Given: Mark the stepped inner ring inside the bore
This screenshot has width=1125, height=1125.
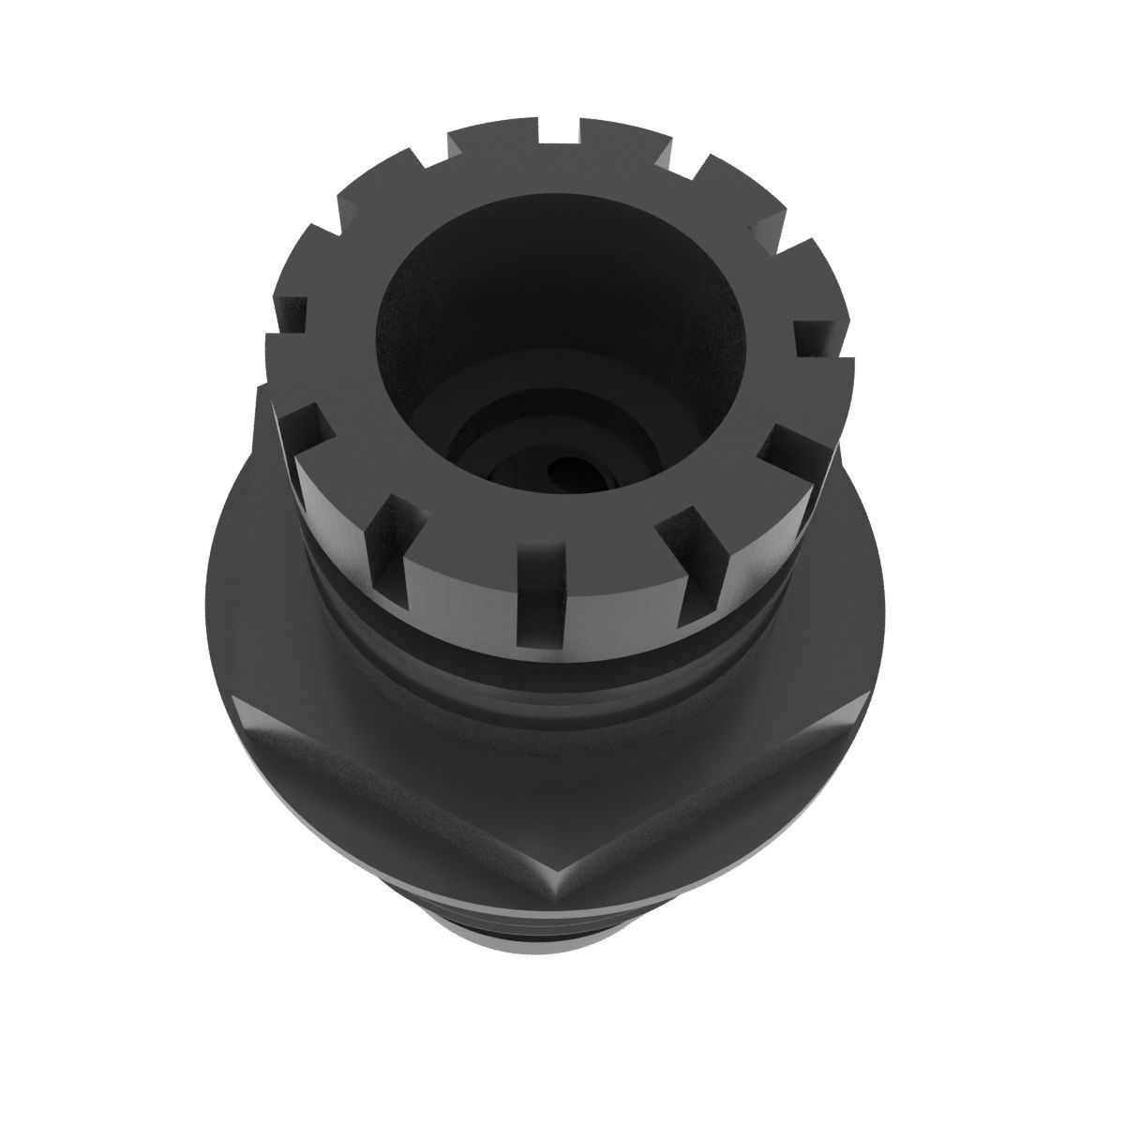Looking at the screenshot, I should point(487,412).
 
